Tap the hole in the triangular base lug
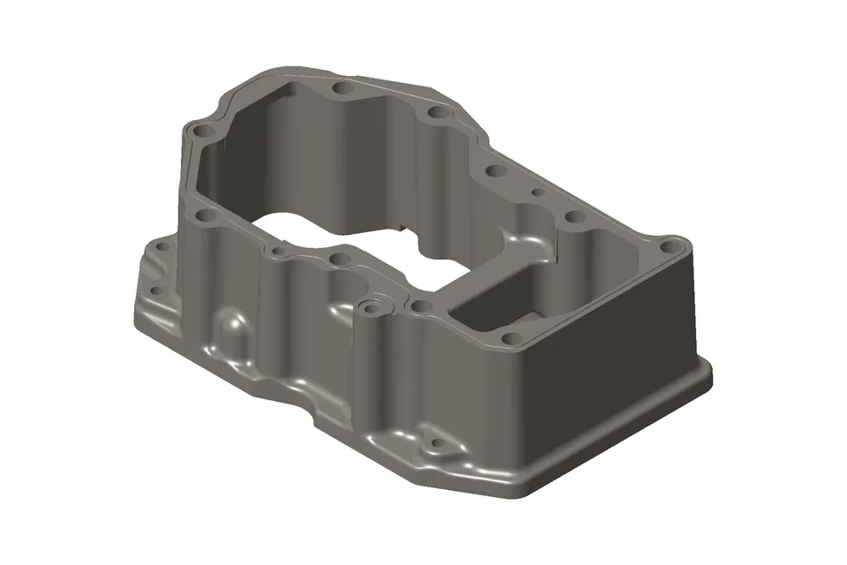[432, 444]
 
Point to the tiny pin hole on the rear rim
[535, 192]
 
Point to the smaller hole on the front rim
[279, 252]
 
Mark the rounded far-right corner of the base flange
[706, 380]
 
